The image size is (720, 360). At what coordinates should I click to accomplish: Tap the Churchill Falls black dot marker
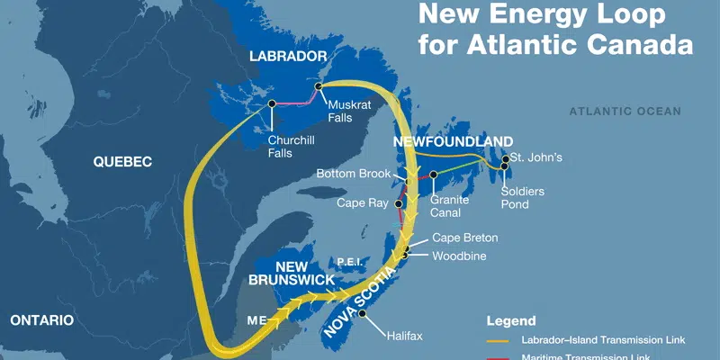point(271,104)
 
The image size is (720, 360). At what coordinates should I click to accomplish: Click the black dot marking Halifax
point(362,314)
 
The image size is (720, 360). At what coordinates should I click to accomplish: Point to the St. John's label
point(536,157)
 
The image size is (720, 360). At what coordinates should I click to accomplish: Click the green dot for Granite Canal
point(433,174)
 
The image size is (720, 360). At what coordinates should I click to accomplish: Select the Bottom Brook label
point(354,173)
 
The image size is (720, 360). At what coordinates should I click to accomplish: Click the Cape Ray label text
point(363,202)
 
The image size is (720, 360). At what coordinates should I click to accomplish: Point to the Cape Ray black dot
point(398,204)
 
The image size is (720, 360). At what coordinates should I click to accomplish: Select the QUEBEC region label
point(123,161)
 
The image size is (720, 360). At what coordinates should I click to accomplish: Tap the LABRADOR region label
point(288,56)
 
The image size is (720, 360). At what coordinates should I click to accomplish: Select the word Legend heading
point(511,320)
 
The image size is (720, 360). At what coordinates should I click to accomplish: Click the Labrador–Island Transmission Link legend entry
point(603,340)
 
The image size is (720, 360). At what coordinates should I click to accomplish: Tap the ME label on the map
point(256,319)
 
